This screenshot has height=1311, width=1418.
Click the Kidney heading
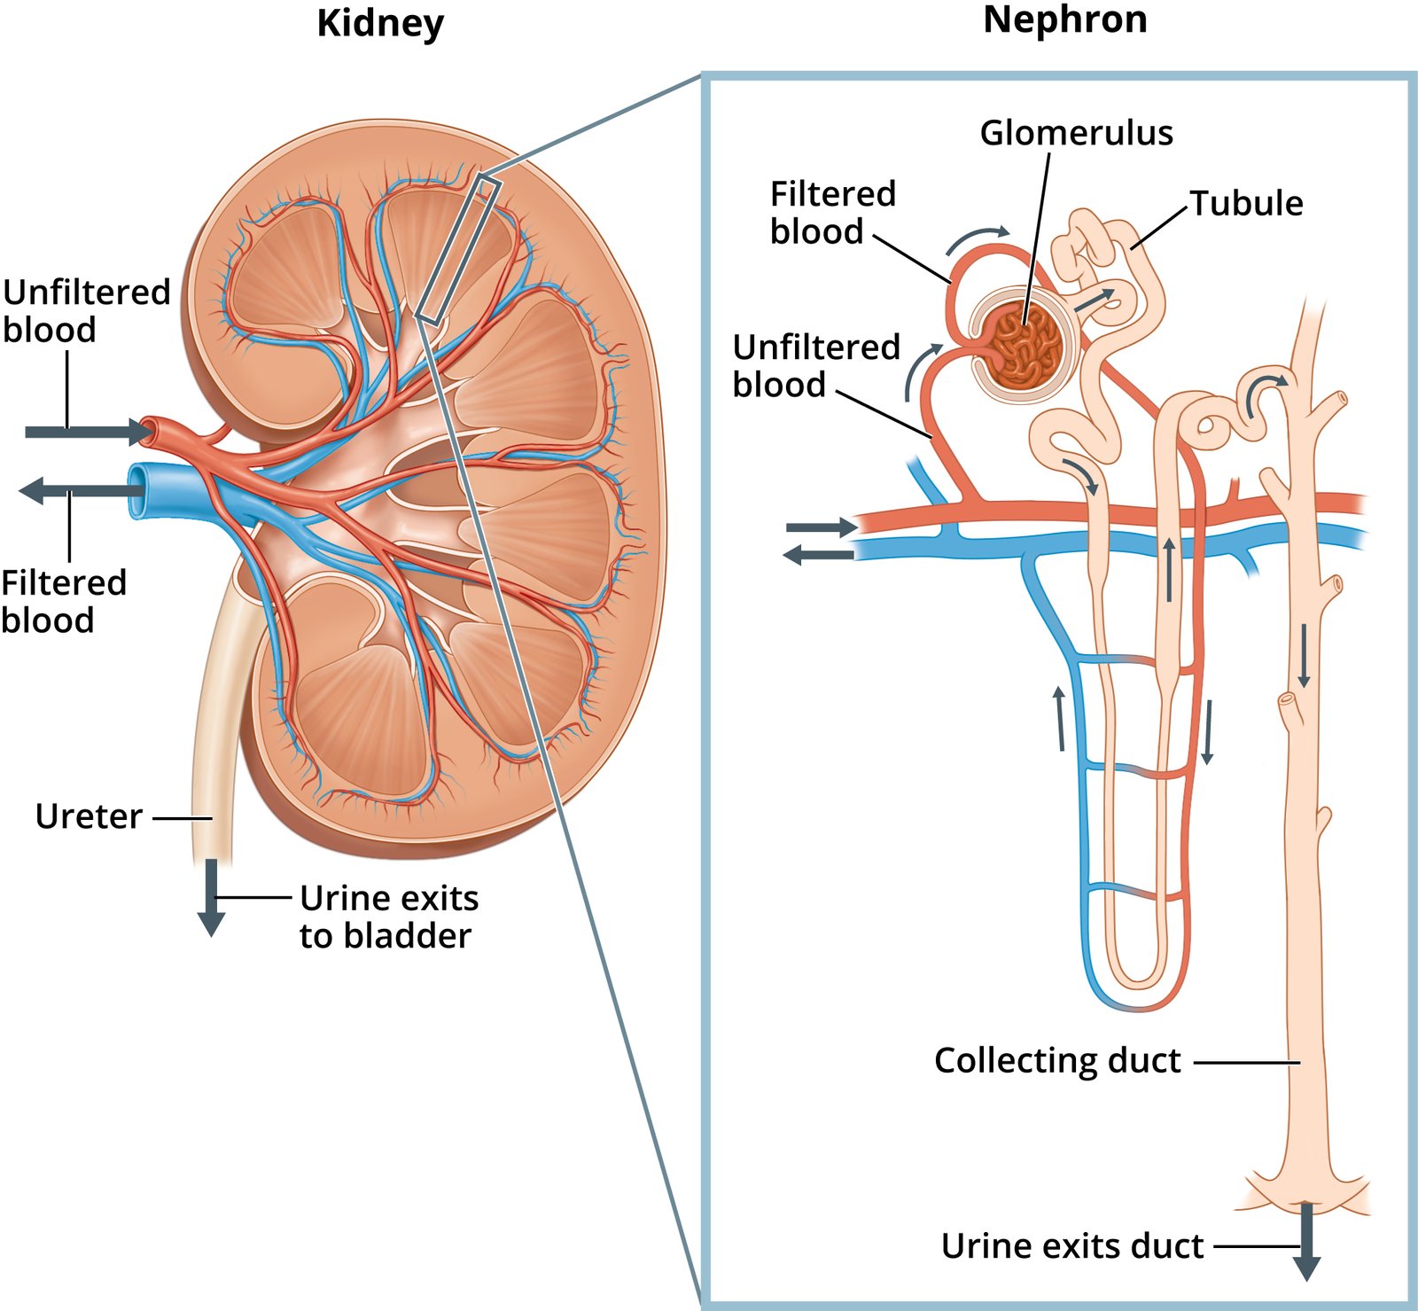pyautogui.click(x=380, y=24)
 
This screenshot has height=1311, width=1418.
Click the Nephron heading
pyautogui.click(x=1064, y=20)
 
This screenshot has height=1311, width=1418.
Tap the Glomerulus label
pyautogui.click(x=1076, y=133)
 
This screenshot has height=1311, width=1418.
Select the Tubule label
pyautogui.click(x=1245, y=204)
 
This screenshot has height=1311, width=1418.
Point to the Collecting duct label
pyautogui.click(x=1057, y=1061)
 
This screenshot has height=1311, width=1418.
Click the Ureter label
pyautogui.click(x=89, y=816)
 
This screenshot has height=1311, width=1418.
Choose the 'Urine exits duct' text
pyautogui.click(x=1072, y=1246)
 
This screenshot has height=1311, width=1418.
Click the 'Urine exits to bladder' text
pyautogui.click(x=388, y=917)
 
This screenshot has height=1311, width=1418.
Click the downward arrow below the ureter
pyautogui.click(x=211, y=897)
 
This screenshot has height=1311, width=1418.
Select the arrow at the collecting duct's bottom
pyautogui.click(x=1306, y=1241)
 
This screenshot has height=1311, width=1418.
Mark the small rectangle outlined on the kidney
pyautogui.click(x=458, y=249)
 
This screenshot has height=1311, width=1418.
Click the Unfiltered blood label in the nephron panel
pyautogui.click(x=815, y=366)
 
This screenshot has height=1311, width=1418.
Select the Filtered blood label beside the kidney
pyautogui.click(x=63, y=601)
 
